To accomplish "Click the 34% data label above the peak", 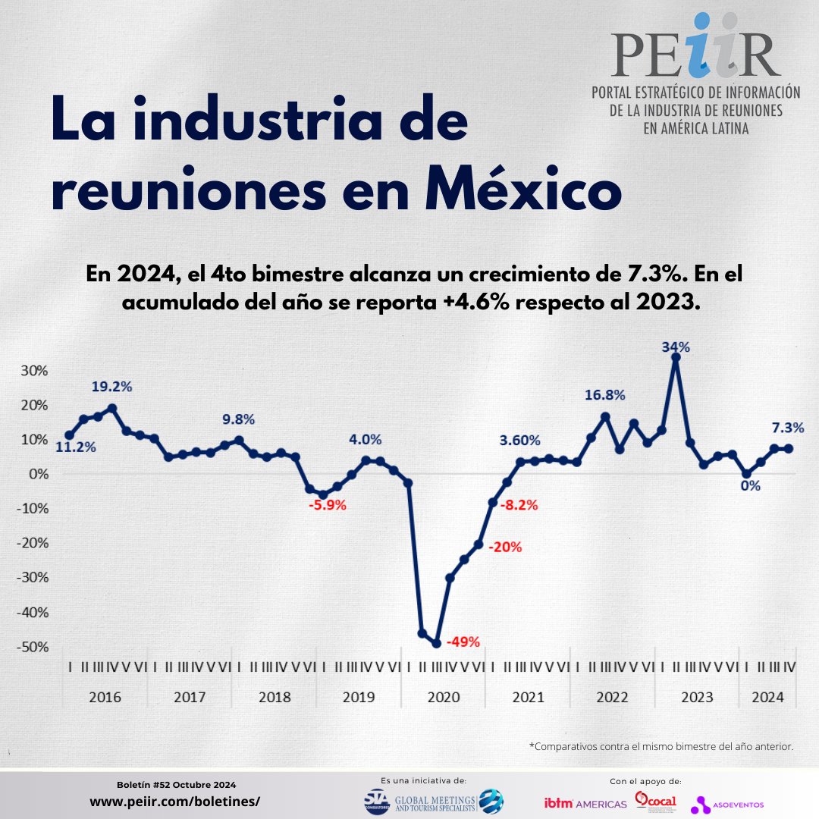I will coord(675,347).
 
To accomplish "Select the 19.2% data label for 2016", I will coord(111,386).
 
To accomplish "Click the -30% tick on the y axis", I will coord(33,577).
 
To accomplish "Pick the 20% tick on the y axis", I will coord(33,404).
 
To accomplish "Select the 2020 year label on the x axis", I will coord(444,697).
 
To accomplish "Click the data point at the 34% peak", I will coord(676,357).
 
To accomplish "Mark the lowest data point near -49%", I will coord(437,643).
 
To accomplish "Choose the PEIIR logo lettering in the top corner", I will coord(695,52).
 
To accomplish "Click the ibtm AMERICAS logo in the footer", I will coord(585,803).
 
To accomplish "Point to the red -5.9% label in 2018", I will coord(327,505).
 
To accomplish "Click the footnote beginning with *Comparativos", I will coord(661,747).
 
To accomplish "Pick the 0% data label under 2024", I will coord(750,486).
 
